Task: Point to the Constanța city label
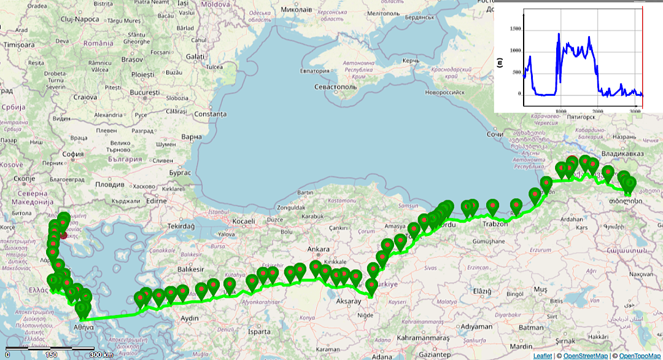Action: pos(209,114)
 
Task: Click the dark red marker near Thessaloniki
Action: pos(64,235)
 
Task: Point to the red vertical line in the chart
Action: pos(642,55)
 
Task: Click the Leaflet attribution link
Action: pos(542,356)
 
